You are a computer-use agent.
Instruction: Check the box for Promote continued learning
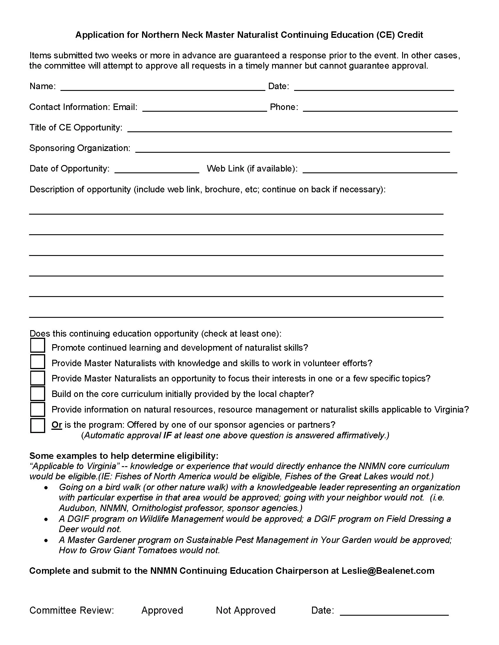click(38, 346)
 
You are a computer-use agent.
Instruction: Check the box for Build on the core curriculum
click(38, 393)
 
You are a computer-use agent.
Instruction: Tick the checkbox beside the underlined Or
click(38, 425)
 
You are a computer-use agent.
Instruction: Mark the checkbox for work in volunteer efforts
click(38, 361)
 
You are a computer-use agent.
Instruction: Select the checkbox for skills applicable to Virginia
click(38, 409)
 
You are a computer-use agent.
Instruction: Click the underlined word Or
click(57, 425)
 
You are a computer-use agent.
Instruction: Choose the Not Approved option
click(245, 610)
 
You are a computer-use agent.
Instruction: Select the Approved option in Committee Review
click(162, 610)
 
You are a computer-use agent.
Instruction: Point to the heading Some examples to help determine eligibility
click(124, 456)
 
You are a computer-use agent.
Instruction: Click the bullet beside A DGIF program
click(46, 519)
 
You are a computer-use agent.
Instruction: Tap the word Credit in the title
click(410, 35)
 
